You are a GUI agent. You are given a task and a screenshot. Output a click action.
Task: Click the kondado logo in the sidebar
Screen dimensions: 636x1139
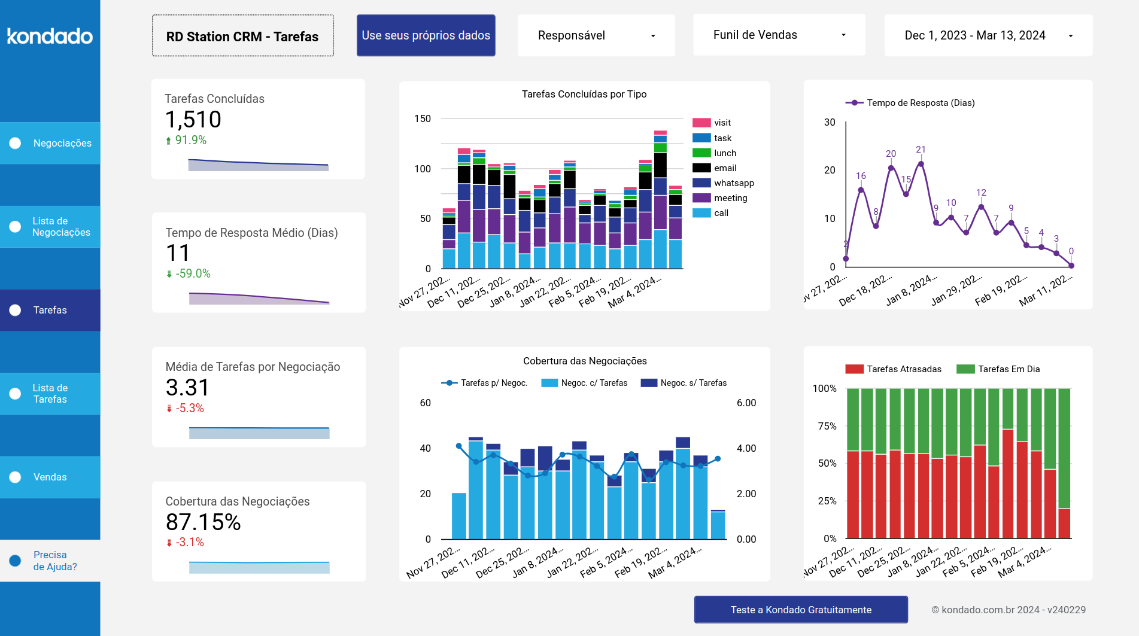click(50, 36)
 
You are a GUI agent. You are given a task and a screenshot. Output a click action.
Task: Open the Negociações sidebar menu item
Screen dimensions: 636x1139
click(50, 143)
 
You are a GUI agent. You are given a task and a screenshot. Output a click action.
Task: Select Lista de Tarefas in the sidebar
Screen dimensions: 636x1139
click(50, 394)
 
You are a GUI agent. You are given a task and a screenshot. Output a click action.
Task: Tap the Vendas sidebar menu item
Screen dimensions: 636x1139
click(50, 477)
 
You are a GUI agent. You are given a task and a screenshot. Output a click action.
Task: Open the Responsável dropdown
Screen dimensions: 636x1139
click(596, 36)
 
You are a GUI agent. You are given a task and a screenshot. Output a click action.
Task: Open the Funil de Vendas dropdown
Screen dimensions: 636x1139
click(779, 35)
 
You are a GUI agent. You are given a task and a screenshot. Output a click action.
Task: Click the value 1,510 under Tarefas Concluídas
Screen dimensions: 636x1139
click(193, 120)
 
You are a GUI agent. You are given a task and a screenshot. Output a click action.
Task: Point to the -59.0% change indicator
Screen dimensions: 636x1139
click(192, 273)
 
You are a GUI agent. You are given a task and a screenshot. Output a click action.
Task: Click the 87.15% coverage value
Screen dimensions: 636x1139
click(203, 522)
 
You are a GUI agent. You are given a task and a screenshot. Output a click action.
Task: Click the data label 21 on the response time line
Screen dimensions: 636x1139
click(921, 150)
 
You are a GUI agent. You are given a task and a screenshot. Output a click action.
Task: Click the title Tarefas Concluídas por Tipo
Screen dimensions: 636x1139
click(584, 94)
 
